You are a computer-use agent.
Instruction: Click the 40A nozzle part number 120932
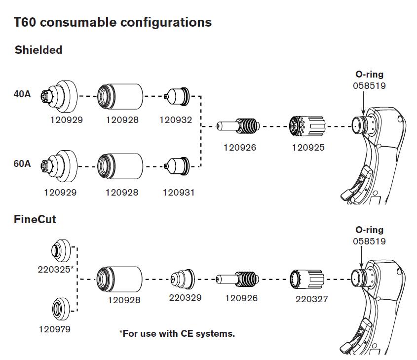[176, 120]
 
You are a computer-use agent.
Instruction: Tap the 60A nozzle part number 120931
[179, 193]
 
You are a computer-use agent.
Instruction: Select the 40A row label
[22, 94]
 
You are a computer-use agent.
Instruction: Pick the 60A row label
[22, 163]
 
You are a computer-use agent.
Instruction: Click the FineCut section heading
[35, 219]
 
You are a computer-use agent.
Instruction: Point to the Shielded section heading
[38, 50]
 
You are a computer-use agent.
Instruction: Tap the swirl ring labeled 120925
[307, 126]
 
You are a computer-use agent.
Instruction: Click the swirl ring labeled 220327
[307, 280]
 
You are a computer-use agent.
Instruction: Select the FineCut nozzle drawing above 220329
[183, 279]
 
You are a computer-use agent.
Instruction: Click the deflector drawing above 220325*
[61, 250]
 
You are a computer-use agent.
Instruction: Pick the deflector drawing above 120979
[61, 309]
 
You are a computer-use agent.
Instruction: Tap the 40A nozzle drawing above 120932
[177, 96]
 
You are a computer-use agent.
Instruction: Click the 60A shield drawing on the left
[59, 166]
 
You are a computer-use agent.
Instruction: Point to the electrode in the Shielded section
[238, 126]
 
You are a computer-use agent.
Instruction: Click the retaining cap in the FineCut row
[119, 279]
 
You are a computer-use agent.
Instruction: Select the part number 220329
[186, 297]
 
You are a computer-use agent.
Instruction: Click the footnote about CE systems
[177, 333]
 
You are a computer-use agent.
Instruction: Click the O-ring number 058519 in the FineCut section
[370, 241]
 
